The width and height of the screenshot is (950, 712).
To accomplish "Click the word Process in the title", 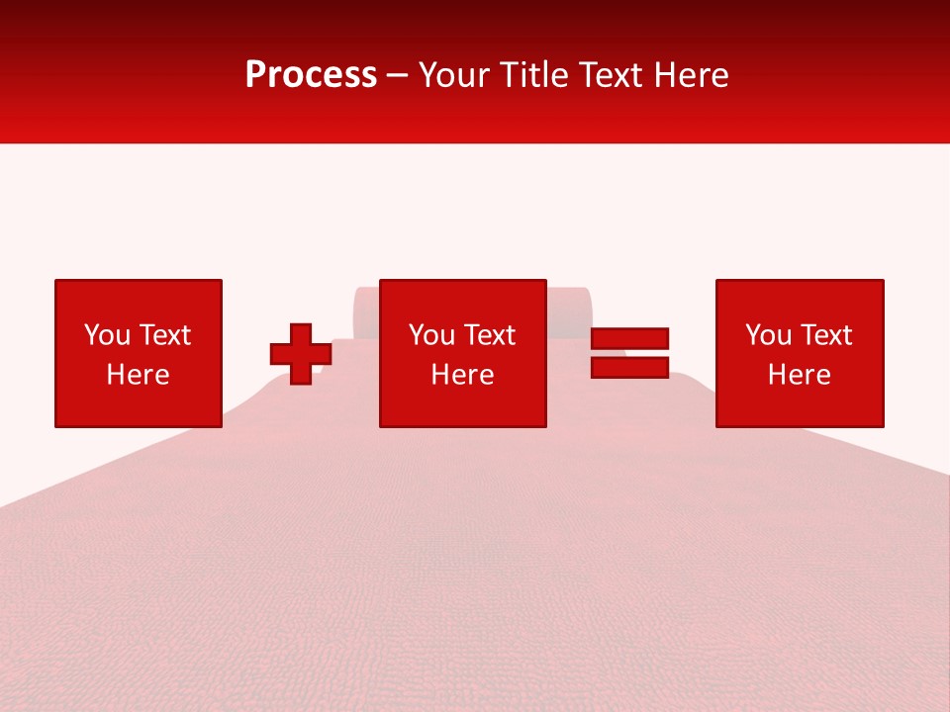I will pos(311,74).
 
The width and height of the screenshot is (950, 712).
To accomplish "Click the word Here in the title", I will pos(692,75).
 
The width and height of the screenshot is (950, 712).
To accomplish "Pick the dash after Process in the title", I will pos(398,76).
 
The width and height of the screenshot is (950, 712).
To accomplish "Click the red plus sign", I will pos(301,354).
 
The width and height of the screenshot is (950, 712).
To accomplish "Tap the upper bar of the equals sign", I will pos(629,339).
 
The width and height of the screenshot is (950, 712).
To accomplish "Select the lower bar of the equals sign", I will pos(629,367).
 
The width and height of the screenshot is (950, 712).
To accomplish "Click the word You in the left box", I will pos(106,335).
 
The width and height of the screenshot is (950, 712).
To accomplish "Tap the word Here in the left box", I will pos(138,375).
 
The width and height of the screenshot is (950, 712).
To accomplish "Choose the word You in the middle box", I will pos(430,335).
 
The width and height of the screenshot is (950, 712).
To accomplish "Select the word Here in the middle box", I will pos(462,375).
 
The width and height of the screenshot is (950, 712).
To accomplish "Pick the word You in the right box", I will pos(767,335).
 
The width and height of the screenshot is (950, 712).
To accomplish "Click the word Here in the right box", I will pos(799,375).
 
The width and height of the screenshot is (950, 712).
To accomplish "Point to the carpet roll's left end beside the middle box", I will pos(365,312).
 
